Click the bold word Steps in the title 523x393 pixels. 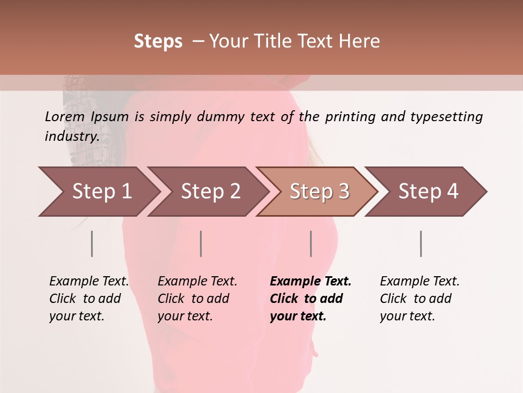[x=158, y=41]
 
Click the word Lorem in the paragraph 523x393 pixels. [x=64, y=117]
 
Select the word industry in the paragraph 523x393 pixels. [x=71, y=136]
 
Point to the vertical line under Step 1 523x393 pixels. [x=92, y=243]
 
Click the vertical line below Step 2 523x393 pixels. [x=201, y=243]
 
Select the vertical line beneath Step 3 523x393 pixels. [x=311, y=243]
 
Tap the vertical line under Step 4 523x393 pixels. [x=421, y=243]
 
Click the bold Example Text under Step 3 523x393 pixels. [x=311, y=299]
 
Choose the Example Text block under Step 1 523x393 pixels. [x=89, y=299]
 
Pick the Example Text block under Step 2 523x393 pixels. [x=197, y=299]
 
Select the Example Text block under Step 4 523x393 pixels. [x=419, y=299]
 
